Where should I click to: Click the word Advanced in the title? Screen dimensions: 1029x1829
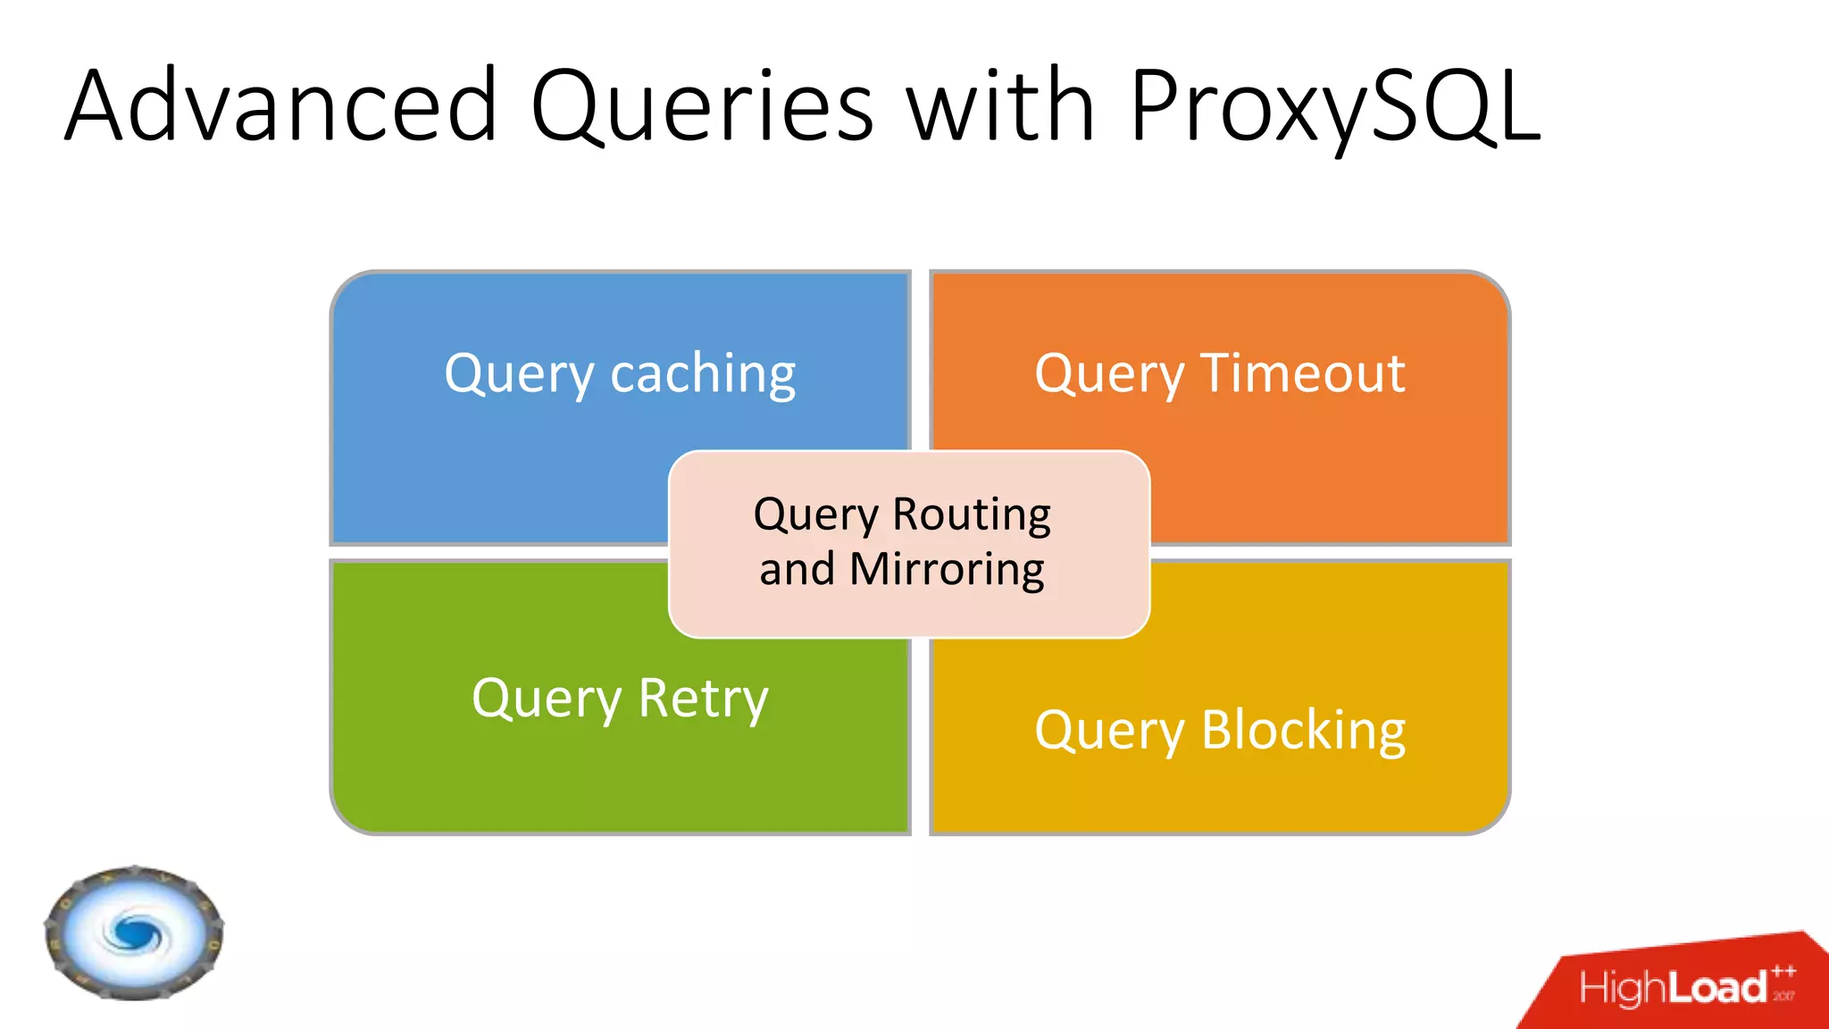pyautogui.click(x=280, y=105)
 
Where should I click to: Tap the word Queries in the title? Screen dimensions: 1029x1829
pyautogui.click(x=702, y=105)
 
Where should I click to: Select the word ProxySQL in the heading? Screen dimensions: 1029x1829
pyautogui.click(x=1335, y=105)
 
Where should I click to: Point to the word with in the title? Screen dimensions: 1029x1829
pyautogui.click(x=1001, y=105)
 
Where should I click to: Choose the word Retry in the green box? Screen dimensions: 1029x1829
pyautogui.click(x=703, y=699)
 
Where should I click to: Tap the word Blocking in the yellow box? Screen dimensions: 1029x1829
pyautogui.click(x=1303, y=731)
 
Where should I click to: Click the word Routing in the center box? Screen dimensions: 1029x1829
pyautogui.click(x=972, y=515)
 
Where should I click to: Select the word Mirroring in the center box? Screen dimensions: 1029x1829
pyautogui.click(x=947, y=569)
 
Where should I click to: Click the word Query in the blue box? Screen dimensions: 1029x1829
pyautogui.click(x=519, y=375)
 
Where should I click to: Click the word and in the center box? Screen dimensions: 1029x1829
pyautogui.click(x=797, y=570)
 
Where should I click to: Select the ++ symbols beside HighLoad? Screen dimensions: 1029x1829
pyautogui.click(x=1783, y=972)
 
